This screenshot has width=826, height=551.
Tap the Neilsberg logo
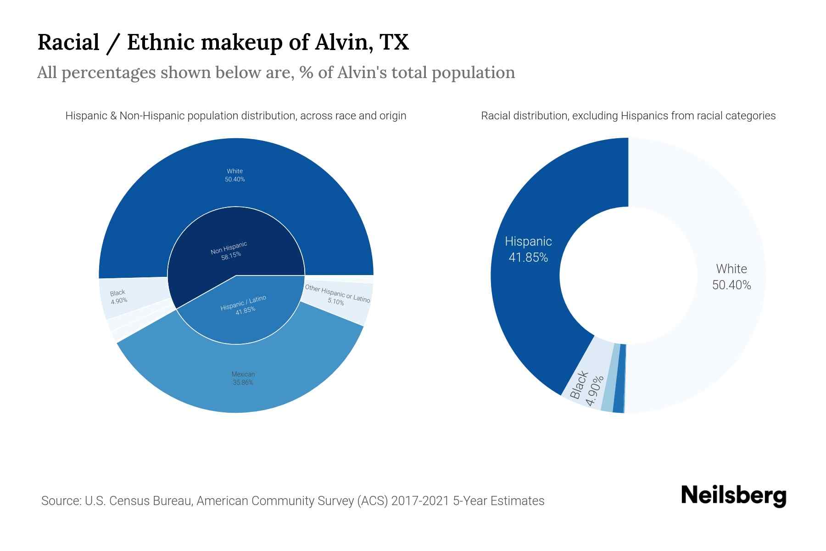point(733,495)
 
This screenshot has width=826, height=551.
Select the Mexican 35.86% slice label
point(243,378)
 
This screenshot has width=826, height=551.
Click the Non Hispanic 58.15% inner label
point(229,251)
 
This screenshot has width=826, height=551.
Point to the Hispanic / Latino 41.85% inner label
point(244,304)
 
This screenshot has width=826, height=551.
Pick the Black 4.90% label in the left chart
point(118,297)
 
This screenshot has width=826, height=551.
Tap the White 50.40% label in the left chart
point(234,175)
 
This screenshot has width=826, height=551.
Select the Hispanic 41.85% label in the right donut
point(528,249)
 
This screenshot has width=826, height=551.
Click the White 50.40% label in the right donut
point(731,277)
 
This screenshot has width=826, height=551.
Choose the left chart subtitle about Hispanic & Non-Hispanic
point(235,116)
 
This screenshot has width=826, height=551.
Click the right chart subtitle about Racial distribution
point(628,116)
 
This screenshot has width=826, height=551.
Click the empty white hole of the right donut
point(628,275)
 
